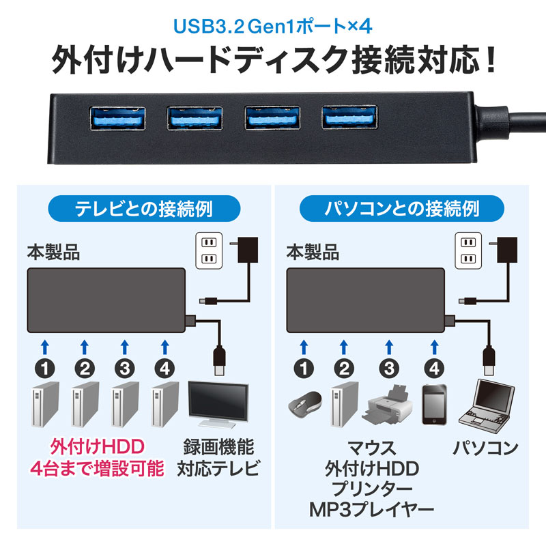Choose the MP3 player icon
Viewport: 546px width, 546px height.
click(x=433, y=405)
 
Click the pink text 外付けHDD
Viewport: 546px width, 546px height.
click(x=98, y=448)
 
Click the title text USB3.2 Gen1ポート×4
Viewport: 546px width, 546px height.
click(x=272, y=28)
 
